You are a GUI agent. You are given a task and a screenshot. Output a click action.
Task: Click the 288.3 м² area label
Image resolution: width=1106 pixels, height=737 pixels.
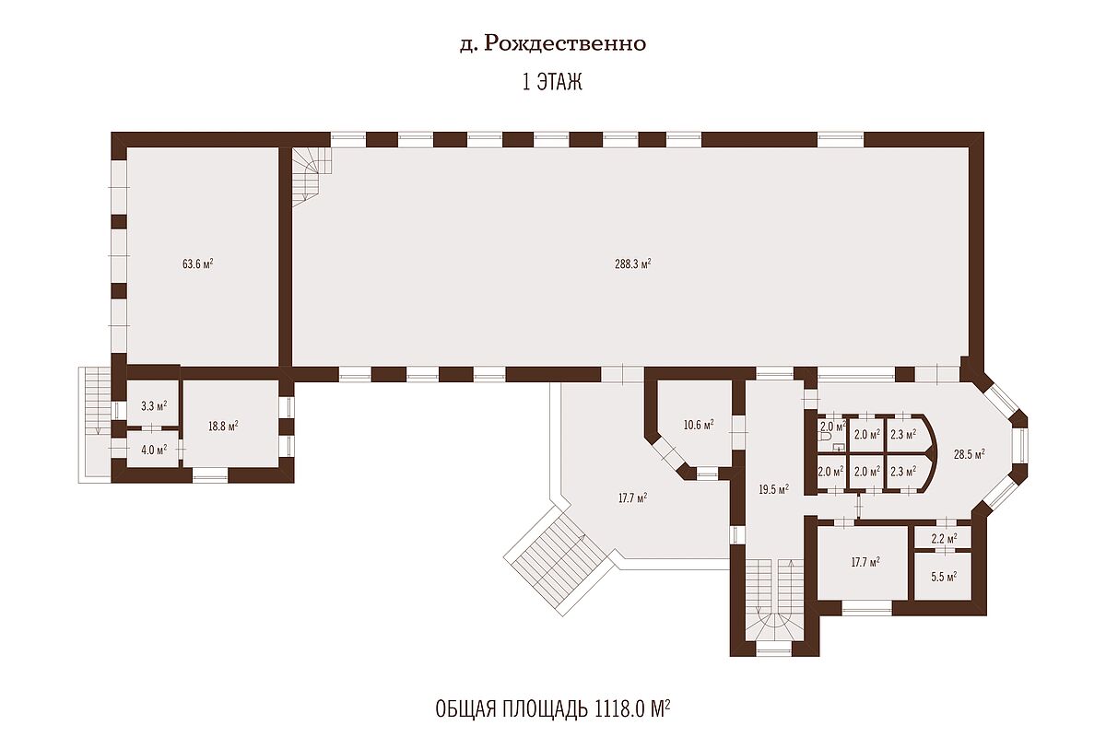pyautogui.click(x=632, y=263)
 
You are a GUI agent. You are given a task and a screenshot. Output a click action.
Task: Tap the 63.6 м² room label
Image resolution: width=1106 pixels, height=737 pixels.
pyautogui.click(x=197, y=263)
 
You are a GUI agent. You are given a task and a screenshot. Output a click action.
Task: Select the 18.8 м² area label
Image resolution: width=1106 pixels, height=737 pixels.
pyautogui.click(x=223, y=426)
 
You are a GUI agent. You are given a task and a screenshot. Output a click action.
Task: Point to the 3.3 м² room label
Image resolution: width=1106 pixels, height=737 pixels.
pyautogui.click(x=154, y=405)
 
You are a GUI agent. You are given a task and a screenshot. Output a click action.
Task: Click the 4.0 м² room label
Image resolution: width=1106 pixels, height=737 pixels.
pyautogui.click(x=154, y=450)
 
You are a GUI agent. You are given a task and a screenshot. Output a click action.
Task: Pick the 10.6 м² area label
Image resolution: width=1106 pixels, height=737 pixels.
pyautogui.click(x=699, y=424)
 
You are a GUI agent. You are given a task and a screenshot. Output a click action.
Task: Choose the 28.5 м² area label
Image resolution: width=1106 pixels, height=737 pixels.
pyautogui.click(x=970, y=454)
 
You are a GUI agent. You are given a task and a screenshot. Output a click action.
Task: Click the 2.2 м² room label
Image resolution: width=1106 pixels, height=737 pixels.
pyautogui.click(x=944, y=538)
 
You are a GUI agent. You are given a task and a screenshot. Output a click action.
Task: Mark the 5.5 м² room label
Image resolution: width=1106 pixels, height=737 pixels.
pyautogui.click(x=944, y=576)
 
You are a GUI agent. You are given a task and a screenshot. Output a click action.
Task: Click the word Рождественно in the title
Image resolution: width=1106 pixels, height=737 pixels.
pyautogui.click(x=565, y=43)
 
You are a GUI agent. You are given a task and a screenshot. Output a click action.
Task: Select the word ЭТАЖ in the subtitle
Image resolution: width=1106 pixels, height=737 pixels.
pyautogui.click(x=559, y=81)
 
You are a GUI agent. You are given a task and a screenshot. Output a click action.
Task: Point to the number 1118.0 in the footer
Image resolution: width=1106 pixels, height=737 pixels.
pyautogui.click(x=619, y=709)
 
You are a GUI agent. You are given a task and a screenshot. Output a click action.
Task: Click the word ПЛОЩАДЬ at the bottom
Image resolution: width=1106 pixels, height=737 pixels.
pyautogui.click(x=545, y=710)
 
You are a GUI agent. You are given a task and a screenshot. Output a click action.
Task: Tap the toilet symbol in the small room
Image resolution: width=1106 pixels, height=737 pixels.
pyautogui.click(x=824, y=438)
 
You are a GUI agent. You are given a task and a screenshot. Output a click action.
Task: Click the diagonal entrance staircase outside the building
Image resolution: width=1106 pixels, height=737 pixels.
pyautogui.click(x=559, y=562)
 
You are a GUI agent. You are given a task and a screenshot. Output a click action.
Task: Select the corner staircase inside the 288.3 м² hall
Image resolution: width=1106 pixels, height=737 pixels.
pyautogui.click(x=311, y=177)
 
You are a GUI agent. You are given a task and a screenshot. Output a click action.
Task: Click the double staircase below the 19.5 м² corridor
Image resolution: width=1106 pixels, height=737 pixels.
pyautogui.click(x=774, y=606)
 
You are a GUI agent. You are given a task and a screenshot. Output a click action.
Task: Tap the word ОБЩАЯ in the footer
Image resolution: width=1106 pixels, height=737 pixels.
pyautogui.click(x=465, y=710)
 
